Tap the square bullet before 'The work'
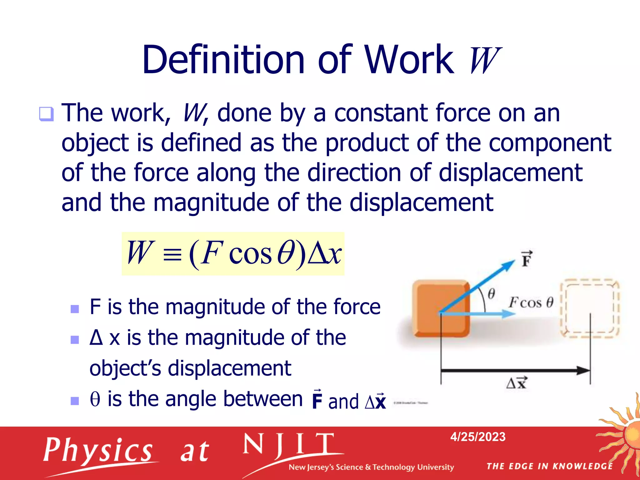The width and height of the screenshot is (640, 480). click(x=46, y=114)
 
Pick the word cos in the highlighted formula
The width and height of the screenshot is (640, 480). click(x=250, y=254)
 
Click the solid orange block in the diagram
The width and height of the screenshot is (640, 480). click(x=441, y=308)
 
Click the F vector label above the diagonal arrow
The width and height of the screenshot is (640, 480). click(x=527, y=259)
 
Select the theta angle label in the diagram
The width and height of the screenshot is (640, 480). click(x=491, y=294)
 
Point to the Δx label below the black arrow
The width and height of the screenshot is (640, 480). click(x=516, y=382)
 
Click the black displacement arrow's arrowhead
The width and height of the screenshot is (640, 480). click(x=583, y=371)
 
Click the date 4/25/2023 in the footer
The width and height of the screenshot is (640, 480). click(x=478, y=437)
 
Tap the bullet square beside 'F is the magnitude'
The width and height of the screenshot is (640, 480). click(x=75, y=309)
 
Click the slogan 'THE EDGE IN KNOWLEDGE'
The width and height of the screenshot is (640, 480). click(x=550, y=466)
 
